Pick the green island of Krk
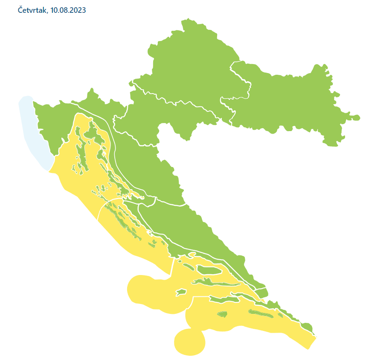(102, 139)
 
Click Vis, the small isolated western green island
(181, 293)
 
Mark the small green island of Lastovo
(222, 315)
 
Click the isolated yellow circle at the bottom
(190, 342)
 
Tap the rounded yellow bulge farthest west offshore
(141, 290)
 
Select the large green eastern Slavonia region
(290, 102)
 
